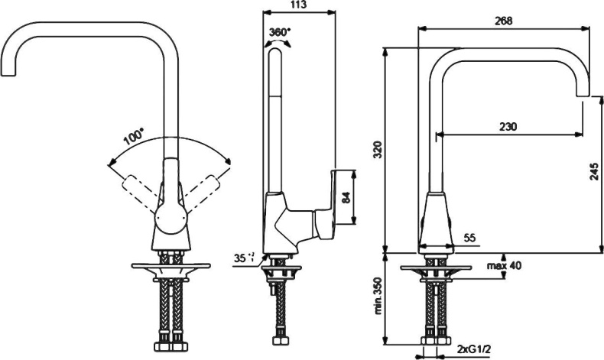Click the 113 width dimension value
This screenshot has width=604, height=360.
pyautogui.click(x=299, y=5)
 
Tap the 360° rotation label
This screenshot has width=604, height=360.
pyautogui.click(x=281, y=32)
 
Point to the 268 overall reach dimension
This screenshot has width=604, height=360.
pyautogui.click(x=503, y=21)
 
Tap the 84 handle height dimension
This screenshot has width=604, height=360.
pyautogui.click(x=346, y=196)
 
